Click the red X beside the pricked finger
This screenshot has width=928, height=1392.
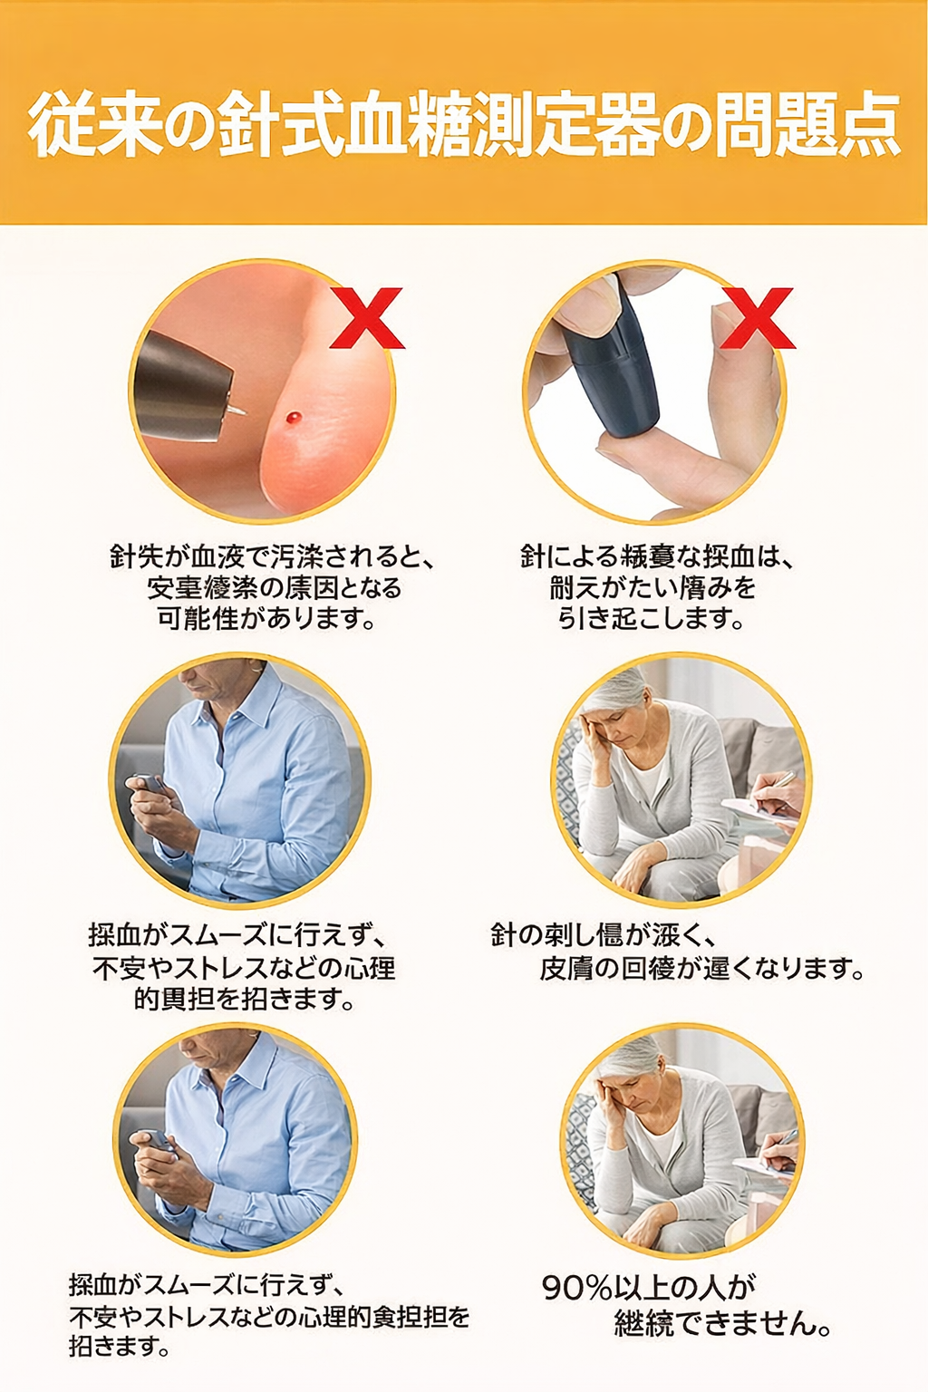366,318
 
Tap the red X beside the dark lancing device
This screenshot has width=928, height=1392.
758,318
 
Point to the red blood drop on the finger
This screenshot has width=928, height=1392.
293,418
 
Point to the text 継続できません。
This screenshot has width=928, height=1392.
723,1324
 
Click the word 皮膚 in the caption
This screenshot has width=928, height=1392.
566,968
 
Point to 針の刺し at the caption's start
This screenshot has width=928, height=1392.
542,934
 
